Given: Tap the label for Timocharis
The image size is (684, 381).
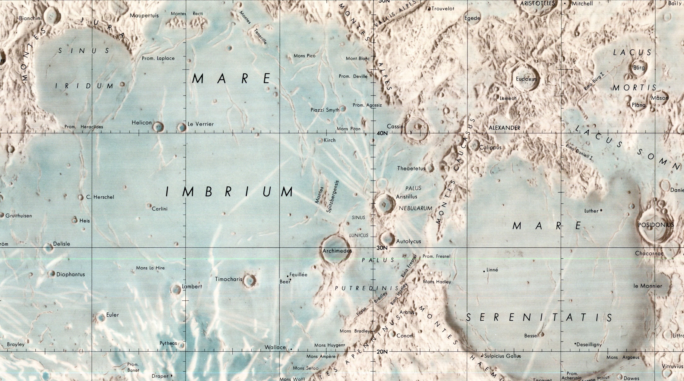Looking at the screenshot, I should [x=229, y=279].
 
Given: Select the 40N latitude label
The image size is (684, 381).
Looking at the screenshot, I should [x=382, y=133].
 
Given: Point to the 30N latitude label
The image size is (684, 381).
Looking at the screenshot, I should [x=382, y=248].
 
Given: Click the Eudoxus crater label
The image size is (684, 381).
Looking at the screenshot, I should [x=526, y=79].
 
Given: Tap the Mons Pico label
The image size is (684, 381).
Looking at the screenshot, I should [x=304, y=56].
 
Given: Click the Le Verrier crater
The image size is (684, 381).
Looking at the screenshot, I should [x=182, y=127].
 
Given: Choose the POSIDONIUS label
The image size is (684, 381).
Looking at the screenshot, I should [x=656, y=225].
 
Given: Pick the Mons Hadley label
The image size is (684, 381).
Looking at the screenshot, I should [x=437, y=282].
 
